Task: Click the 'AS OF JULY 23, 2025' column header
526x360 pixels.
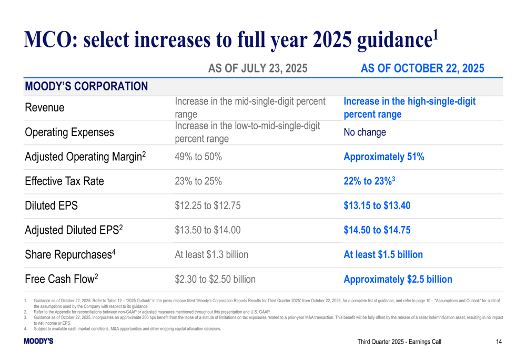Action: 258,68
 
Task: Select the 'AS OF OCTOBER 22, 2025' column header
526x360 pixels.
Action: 422,68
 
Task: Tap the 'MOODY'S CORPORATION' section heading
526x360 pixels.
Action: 86,86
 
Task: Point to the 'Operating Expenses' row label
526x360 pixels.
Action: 69,132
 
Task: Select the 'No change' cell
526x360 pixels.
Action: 365,132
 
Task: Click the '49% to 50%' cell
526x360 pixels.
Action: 198,157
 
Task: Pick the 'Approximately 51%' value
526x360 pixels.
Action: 383,157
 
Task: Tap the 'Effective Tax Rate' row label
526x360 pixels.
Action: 64,181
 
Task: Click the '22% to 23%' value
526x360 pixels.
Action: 367,181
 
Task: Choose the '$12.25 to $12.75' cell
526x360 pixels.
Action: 208,205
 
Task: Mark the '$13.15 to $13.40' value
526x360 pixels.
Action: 377,205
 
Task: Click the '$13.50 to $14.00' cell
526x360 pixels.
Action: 208,230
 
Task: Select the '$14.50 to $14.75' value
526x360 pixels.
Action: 377,230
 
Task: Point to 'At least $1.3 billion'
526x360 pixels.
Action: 211,254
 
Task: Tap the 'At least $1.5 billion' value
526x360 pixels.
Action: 383,254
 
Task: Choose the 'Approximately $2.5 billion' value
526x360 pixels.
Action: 398,279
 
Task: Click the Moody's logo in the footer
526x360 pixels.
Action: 38,342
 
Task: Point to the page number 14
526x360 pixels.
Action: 499,342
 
